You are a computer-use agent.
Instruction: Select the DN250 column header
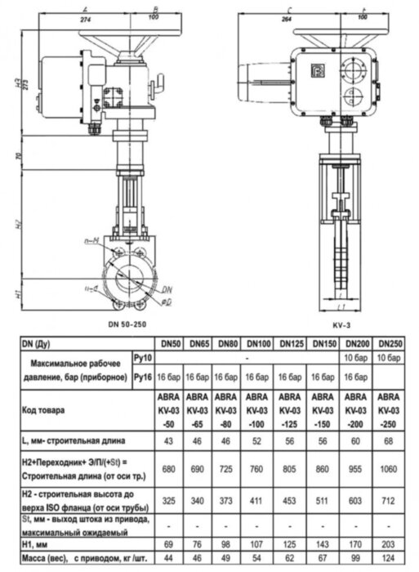(x=390, y=344)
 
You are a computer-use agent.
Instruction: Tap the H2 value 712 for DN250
(x=390, y=498)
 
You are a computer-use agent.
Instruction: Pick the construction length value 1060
(x=390, y=470)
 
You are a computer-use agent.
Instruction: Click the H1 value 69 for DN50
(x=170, y=543)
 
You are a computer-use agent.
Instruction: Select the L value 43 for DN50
(x=170, y=442)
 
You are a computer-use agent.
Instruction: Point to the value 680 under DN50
(x=170, y=470)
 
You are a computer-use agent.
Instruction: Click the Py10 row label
(x=144, y=358)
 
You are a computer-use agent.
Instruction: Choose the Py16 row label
(x=144, y=378)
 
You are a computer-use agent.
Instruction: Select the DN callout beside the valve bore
(x=167, y=289)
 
